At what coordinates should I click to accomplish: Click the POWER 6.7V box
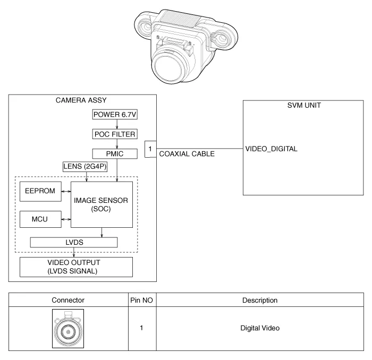115,115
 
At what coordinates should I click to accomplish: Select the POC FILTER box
115,134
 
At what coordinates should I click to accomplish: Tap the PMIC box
115,154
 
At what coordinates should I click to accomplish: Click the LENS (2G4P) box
85,167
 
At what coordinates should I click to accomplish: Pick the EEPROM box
40,192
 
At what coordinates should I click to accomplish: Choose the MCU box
40,219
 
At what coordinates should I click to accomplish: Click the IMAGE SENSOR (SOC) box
102,204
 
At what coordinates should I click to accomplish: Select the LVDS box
74,243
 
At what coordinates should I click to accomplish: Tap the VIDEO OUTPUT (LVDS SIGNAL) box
76,267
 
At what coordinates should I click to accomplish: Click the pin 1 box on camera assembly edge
150,149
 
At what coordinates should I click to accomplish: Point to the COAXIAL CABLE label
187,154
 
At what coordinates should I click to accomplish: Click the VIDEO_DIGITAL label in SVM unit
271,149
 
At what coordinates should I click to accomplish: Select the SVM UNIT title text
304,105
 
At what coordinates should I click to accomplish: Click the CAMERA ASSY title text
81,100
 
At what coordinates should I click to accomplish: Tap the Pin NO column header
142,301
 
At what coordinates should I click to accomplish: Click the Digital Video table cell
260,328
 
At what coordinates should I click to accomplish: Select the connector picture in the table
68,329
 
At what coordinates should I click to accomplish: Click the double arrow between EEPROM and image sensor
66,192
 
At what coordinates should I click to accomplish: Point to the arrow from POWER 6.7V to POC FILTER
117,124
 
